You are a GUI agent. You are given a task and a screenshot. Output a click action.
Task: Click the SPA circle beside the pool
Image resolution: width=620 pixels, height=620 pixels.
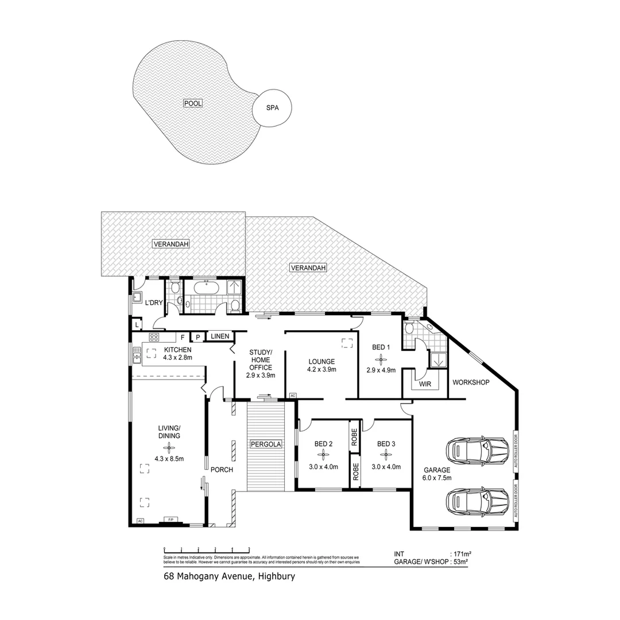tap(273, 107)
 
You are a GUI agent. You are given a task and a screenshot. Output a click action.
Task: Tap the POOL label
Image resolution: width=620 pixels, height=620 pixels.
tap(193, 103)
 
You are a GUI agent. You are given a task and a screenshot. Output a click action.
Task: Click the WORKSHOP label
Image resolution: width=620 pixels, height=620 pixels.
tap(471, 382)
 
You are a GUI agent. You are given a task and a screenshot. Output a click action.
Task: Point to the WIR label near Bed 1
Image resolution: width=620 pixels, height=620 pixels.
tap(425, 384)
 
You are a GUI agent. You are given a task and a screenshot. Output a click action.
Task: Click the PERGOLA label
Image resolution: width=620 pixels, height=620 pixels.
tap(265, 444)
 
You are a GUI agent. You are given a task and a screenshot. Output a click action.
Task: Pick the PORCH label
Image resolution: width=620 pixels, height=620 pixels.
tap(222, 470)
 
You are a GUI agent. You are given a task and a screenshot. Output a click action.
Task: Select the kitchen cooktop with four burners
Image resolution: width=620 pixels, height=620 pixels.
tap(154, 337)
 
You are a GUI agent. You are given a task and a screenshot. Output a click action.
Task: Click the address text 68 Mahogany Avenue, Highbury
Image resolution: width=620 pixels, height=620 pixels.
tap(229, 576)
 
